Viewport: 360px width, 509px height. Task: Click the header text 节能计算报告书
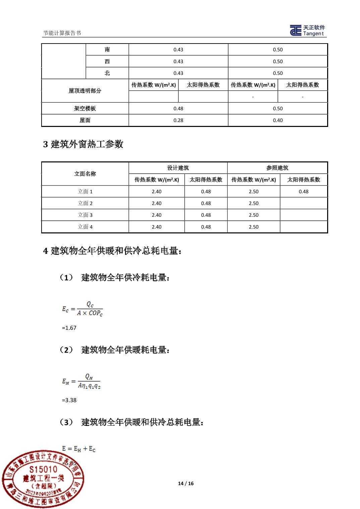coord(62,33)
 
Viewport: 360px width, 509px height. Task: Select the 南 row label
coord(107,50)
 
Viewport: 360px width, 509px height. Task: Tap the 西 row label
coord(107,61)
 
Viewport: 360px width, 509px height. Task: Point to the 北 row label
coord(107,73)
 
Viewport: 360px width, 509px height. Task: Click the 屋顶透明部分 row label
coord(85,91)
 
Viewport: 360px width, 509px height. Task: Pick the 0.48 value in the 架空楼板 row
coord(178,108)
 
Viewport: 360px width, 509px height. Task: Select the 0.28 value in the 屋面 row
coord(178,120)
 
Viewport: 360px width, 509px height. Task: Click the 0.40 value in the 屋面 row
coord(278,120)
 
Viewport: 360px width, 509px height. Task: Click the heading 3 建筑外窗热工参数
coord(83,144)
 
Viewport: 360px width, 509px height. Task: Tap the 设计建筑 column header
coord(178,168)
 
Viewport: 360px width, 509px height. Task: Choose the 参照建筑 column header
coord(277,168)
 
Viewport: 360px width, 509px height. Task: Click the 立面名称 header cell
coord(85,174)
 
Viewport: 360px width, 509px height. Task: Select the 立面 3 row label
coord(85,215)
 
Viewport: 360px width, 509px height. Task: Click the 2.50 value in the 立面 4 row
coord(254,227)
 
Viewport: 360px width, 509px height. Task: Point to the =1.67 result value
coord(69,328)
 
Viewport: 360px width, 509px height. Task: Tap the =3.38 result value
coord(69,400)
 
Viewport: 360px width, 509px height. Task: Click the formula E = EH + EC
coord(79,449)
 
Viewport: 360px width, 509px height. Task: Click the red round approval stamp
coord(43,479)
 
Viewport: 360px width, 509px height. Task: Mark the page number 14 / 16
coord(186,483)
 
